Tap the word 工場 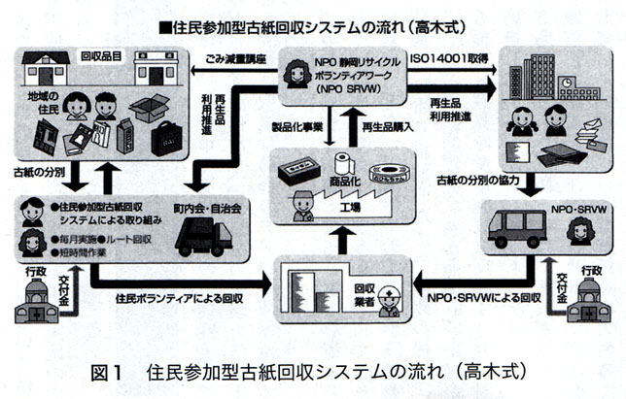tap(339, 207)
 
